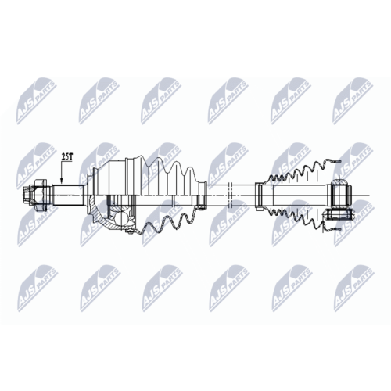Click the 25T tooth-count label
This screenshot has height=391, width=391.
click(66, 157)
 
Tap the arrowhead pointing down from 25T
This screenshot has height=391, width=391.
click(62, 181)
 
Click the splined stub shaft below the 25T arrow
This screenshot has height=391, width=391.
click(69, 195)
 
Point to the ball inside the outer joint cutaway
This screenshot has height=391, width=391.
click(121, 218)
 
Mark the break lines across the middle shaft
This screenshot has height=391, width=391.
click(230, 195)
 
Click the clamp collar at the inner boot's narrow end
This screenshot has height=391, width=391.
click(259, 196)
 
